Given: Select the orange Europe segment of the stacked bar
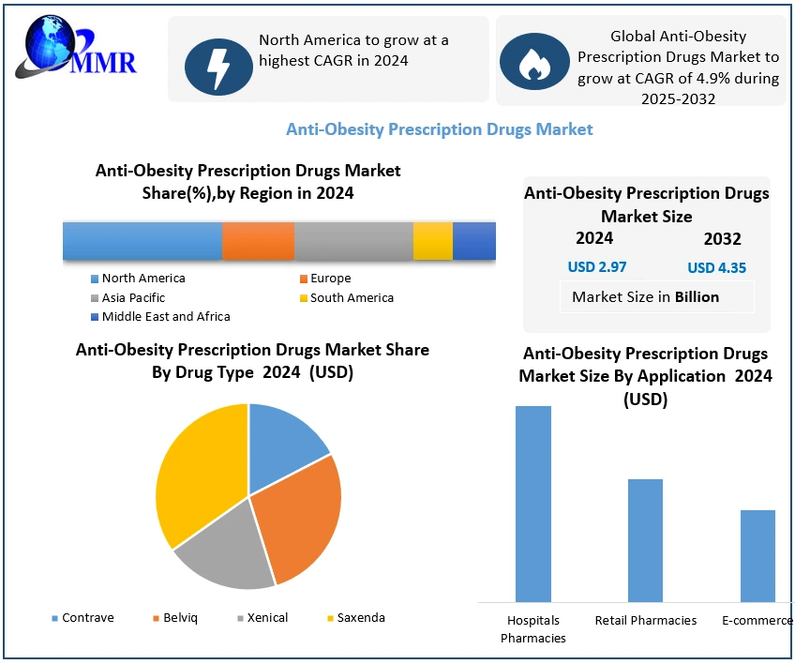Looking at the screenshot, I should coord(258,241).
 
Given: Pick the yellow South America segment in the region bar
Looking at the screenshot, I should coord(433,241).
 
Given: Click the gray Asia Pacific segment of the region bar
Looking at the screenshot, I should coord(353,241).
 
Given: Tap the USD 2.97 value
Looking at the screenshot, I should coord(597,267).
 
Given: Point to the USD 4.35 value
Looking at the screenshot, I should coord(716,268).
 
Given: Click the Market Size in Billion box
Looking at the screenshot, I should coord(646,297).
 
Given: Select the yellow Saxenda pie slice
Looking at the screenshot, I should coord(197,469).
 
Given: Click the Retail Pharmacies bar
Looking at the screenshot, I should coord(645,540).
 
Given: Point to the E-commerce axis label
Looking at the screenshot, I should coord(757,620).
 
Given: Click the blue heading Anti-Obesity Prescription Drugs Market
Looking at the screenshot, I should coord(439,129).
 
